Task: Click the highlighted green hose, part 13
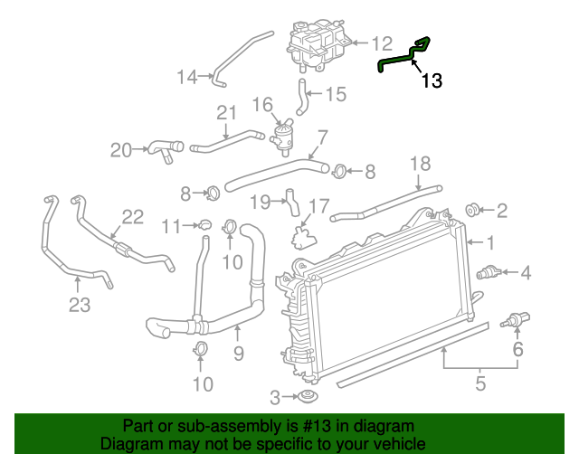point(395,61)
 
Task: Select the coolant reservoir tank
point(316,42)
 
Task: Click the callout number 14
point(186,77)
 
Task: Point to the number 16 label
point(262,105)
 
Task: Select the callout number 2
point(501,211)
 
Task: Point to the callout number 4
point(524,271)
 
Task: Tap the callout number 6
point(518,350)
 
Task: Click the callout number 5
point(479,383)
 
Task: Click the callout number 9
point(239,354)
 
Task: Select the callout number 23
point(80,305)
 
